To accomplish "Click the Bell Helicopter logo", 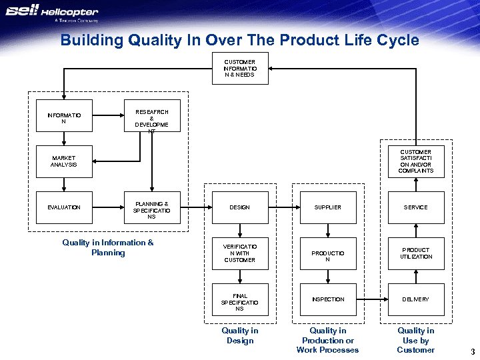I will (x=52, y=13).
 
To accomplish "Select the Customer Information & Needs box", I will (x=239, y=69).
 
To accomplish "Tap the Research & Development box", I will (x=152, y=116).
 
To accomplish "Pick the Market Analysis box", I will (x=64, y=161).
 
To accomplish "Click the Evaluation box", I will (x=64, y=207).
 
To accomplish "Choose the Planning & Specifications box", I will (x=152, y=207).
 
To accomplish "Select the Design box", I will (x=239, y=207).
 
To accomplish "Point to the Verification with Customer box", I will (x=239, y=253).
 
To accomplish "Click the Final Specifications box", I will (x=239, y=299).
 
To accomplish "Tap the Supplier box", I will (x=327, y=207).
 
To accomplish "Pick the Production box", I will (x=327, y=253).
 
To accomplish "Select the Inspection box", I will (x=327, y=299).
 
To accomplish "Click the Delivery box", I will (x=415, y=299).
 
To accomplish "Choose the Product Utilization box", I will (x=415, y=253).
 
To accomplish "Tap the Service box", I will (x=415, y=207).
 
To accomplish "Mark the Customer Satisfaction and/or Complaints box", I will (x=415, y=161).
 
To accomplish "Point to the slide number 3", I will (x=472, y=351).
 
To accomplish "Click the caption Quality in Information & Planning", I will (x=108, y=247).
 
